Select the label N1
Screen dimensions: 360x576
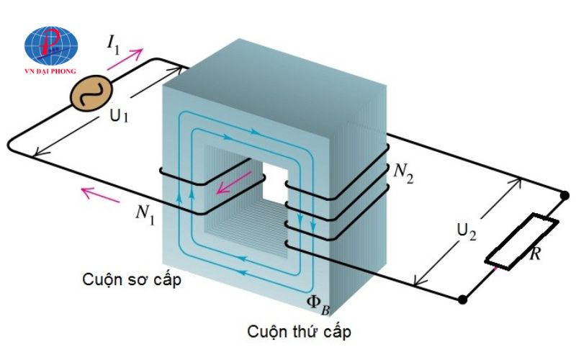144,213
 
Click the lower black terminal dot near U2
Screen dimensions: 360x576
463,297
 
